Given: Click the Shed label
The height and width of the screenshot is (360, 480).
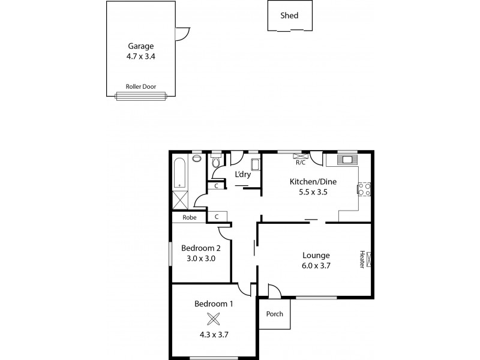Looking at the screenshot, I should (289, 16).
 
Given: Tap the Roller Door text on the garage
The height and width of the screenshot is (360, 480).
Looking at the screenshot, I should (140, 86).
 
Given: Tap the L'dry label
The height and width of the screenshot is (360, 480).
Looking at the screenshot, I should (242, 175).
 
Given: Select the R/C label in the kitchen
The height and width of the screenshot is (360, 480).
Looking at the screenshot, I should (300, 161).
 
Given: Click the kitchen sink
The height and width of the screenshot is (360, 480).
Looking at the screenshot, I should (347, 160).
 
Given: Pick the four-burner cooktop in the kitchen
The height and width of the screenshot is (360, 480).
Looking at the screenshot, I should (364, 190).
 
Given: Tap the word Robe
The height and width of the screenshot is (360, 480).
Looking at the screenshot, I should (190, 217).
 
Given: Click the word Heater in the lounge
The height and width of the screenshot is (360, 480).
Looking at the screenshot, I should (362, 259).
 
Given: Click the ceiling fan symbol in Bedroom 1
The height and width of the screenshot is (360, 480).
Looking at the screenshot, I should (214, 319).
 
